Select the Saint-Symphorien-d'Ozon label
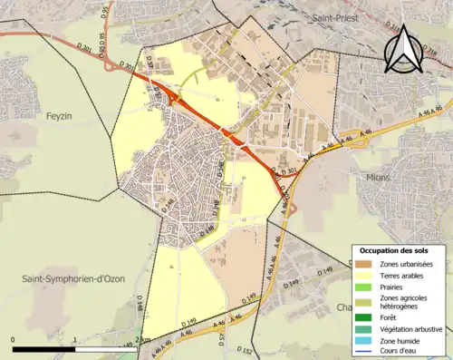(x=72, y=278)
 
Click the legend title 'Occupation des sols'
(x=393, y=249)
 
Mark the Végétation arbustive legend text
(x=412, y=328)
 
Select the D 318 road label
(x=430, y=56)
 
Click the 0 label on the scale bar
(x=14, y=339)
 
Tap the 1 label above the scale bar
(x=74, y=339)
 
